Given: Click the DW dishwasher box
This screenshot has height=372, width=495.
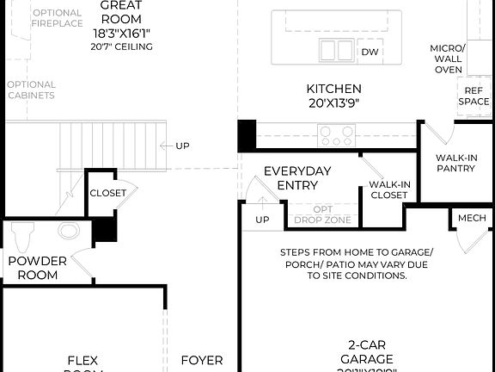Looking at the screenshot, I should [x=370, y=53].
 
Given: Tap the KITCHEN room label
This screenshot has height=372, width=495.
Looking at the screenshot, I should [x=334, y=89].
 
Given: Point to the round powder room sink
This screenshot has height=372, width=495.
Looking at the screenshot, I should [x=68, y=231].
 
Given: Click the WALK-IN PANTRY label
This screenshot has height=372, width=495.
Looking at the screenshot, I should [x=455, y=163].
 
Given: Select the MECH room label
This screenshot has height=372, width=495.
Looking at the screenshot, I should [x=471, y=218].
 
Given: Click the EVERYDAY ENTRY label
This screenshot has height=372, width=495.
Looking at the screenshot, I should [x=296, y=178].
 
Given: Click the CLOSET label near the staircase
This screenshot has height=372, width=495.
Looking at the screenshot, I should [x=107, y=193].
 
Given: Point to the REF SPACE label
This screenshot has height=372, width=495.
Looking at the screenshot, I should [x=474, y=96].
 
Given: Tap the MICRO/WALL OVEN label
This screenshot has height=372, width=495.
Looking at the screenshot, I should [x=448, y=58].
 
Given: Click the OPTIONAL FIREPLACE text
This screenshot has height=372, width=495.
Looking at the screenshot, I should [x=57, y=18].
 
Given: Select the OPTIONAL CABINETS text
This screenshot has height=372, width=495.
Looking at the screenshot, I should [x=31, y=90].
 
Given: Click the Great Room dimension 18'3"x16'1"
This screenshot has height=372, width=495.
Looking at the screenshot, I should [x=121, y=32].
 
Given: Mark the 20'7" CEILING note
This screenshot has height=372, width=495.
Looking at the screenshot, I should [x=121, y=46].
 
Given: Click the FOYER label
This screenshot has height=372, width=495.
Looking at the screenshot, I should [x=202, y=361].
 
